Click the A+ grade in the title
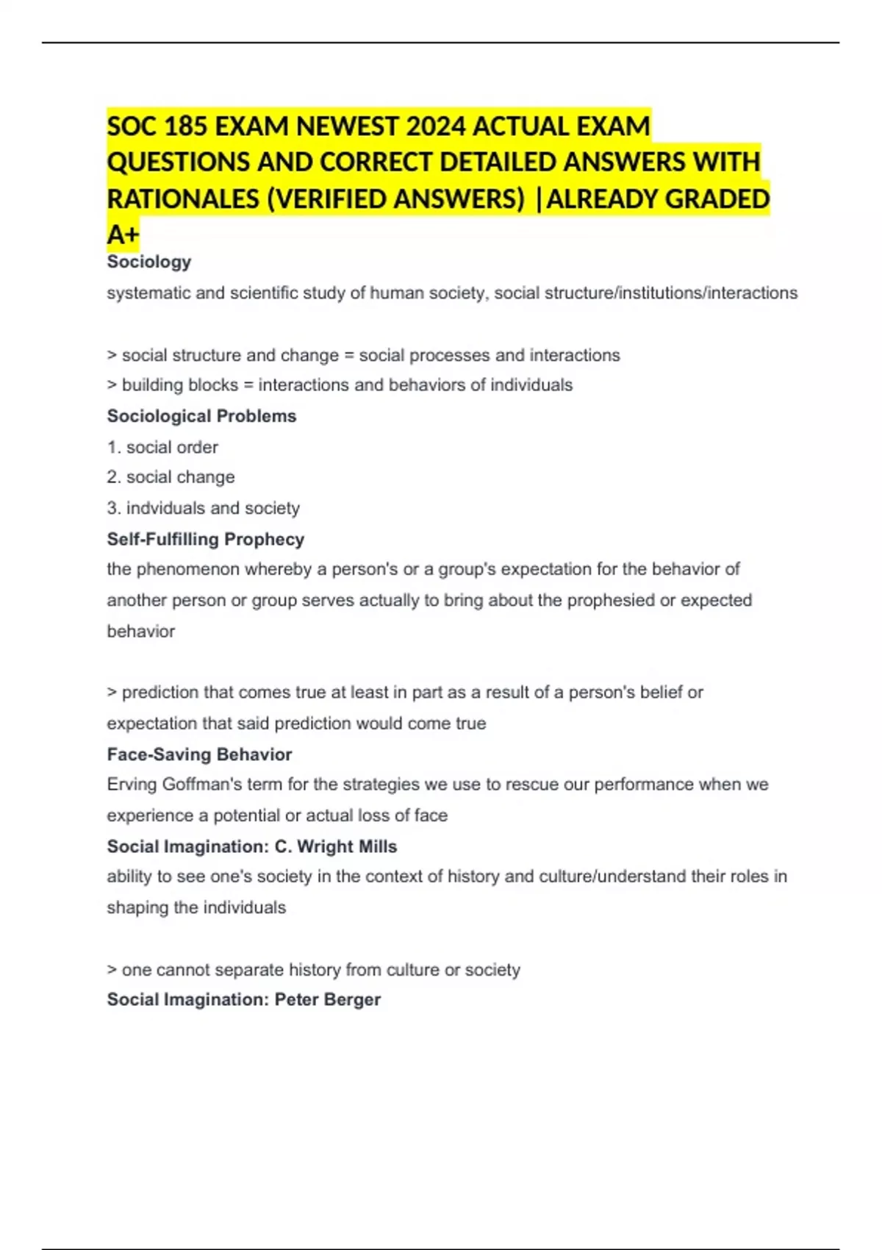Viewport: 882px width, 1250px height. (123, 235)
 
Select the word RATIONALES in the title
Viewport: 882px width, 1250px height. (183, 199)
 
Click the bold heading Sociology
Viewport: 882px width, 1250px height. (149, 262)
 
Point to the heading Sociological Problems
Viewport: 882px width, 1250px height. (201, 416)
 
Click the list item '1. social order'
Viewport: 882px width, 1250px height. (162, 447)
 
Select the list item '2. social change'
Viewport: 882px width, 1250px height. (171, 477)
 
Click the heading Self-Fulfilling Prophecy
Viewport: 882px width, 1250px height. (206, 539)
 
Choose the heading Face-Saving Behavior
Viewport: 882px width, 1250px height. (199, 754)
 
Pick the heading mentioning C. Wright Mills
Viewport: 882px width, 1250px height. (252, 846)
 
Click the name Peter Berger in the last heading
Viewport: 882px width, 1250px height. (328, 1000)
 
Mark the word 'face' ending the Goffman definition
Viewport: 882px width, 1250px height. (431, 815)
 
